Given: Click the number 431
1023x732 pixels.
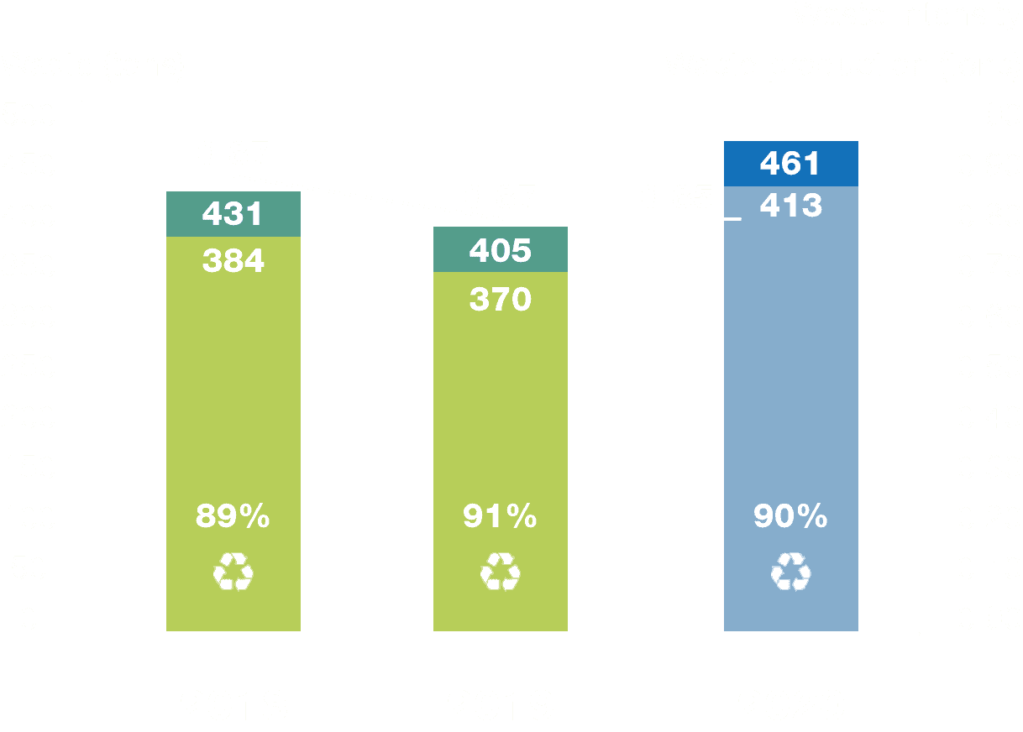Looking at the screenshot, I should [233, 215].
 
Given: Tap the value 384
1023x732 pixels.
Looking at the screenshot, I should [233, 261].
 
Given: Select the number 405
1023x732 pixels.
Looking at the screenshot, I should [500, 250].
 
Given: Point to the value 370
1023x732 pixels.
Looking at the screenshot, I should [500, 300].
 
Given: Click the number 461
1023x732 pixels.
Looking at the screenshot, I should [790, 164].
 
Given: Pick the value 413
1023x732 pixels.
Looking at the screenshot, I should [790, 206].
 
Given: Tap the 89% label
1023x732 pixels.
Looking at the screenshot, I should [233, 517].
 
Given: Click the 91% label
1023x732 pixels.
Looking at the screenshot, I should [500, 517].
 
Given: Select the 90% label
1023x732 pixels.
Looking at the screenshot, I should [790, 517].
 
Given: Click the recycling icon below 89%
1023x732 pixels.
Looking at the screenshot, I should [233, 573].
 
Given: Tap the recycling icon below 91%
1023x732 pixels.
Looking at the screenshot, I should [500, 573].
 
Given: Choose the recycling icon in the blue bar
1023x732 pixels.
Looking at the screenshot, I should [790, 573].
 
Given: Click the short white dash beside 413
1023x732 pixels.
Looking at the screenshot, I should [732, 219].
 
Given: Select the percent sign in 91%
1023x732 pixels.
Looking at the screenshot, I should [522, 517].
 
